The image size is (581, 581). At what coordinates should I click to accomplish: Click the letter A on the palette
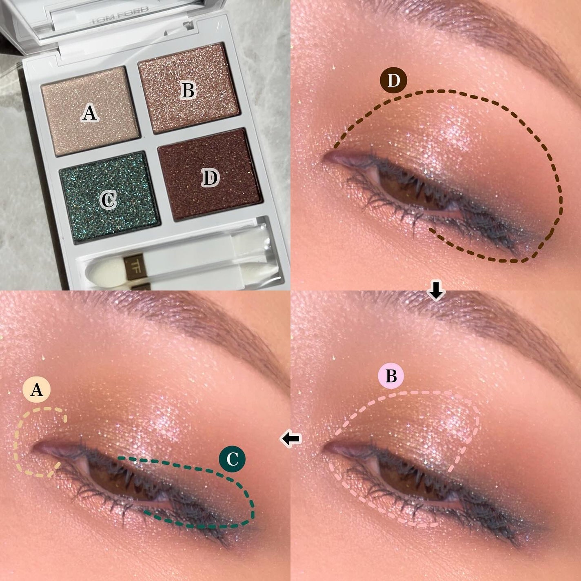89,113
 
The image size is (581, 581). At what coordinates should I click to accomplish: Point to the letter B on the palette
188,91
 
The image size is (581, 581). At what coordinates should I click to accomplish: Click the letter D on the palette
211,177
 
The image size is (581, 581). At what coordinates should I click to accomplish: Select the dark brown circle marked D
393,81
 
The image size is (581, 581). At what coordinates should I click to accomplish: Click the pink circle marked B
391,376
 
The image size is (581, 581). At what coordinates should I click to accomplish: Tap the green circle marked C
232,459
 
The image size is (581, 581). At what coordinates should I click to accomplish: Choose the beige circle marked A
37,390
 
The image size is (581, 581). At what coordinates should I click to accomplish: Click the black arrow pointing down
436,291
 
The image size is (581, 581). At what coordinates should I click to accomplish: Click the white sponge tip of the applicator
96,270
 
